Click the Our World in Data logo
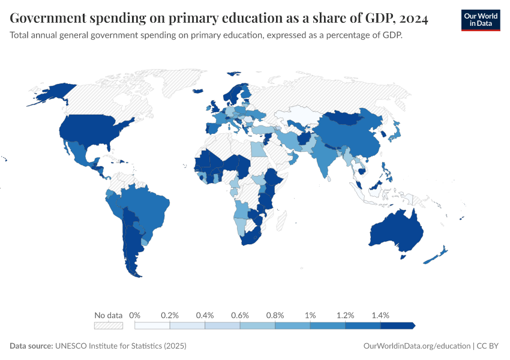[480, 19]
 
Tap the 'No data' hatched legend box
[108, 325]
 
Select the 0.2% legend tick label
[170, 315]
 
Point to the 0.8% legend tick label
[275, 315]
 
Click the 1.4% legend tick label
[380, 315]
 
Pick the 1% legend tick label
[310, 315]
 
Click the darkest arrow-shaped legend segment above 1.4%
[397, 325]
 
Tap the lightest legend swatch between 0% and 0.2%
[152, 325]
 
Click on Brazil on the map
[147, 207]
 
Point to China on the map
[348, 135]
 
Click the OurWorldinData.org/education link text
[417, 346]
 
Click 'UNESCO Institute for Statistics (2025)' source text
[121, 346]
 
